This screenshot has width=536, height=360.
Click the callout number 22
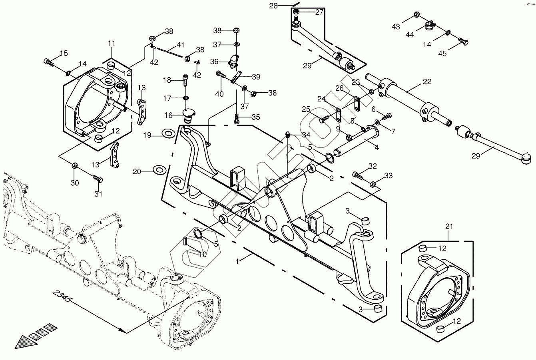[427, 82]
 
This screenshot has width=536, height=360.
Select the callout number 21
[449, 227]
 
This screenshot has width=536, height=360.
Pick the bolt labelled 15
[49, 62]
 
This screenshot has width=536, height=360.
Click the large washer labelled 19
[167, 133]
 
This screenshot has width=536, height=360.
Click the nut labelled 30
[75, 165]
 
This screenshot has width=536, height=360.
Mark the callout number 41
[181, 45]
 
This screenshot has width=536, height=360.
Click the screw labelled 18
[185, 80]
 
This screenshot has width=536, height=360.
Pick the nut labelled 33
[372, 184]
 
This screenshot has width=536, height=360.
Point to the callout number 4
[377, 147]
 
